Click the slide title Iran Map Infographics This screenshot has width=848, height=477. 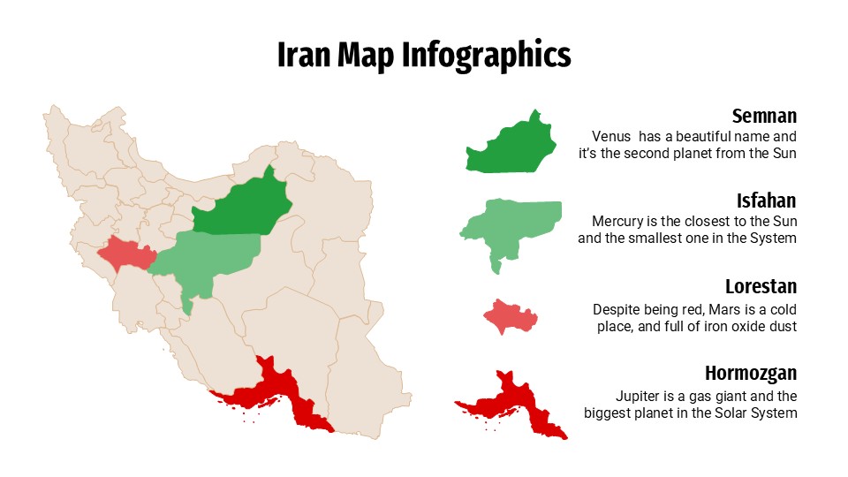pos(424,55)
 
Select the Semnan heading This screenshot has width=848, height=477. pos(764,116)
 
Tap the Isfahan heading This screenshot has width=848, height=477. pos(767,201)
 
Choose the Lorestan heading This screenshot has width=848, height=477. pos(761,286)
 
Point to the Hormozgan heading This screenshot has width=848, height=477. pos(751,372)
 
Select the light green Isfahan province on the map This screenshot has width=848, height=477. pos(212,256)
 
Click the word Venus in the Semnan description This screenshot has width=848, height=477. pos(612,137)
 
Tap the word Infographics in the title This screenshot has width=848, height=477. pos(487,55)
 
